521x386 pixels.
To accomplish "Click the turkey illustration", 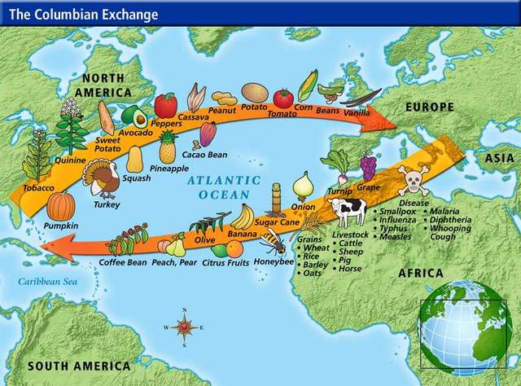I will [x=104, y=178].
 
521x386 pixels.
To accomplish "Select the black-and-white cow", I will [x=348, y=212].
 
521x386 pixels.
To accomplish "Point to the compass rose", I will [x=185, y=327].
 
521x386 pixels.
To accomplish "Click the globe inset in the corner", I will [x=463, y=327].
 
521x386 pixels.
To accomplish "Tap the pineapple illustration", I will [x=168, y=147].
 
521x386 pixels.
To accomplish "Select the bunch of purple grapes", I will [x=368, y=166].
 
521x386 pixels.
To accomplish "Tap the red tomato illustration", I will [x=282, y=99].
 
